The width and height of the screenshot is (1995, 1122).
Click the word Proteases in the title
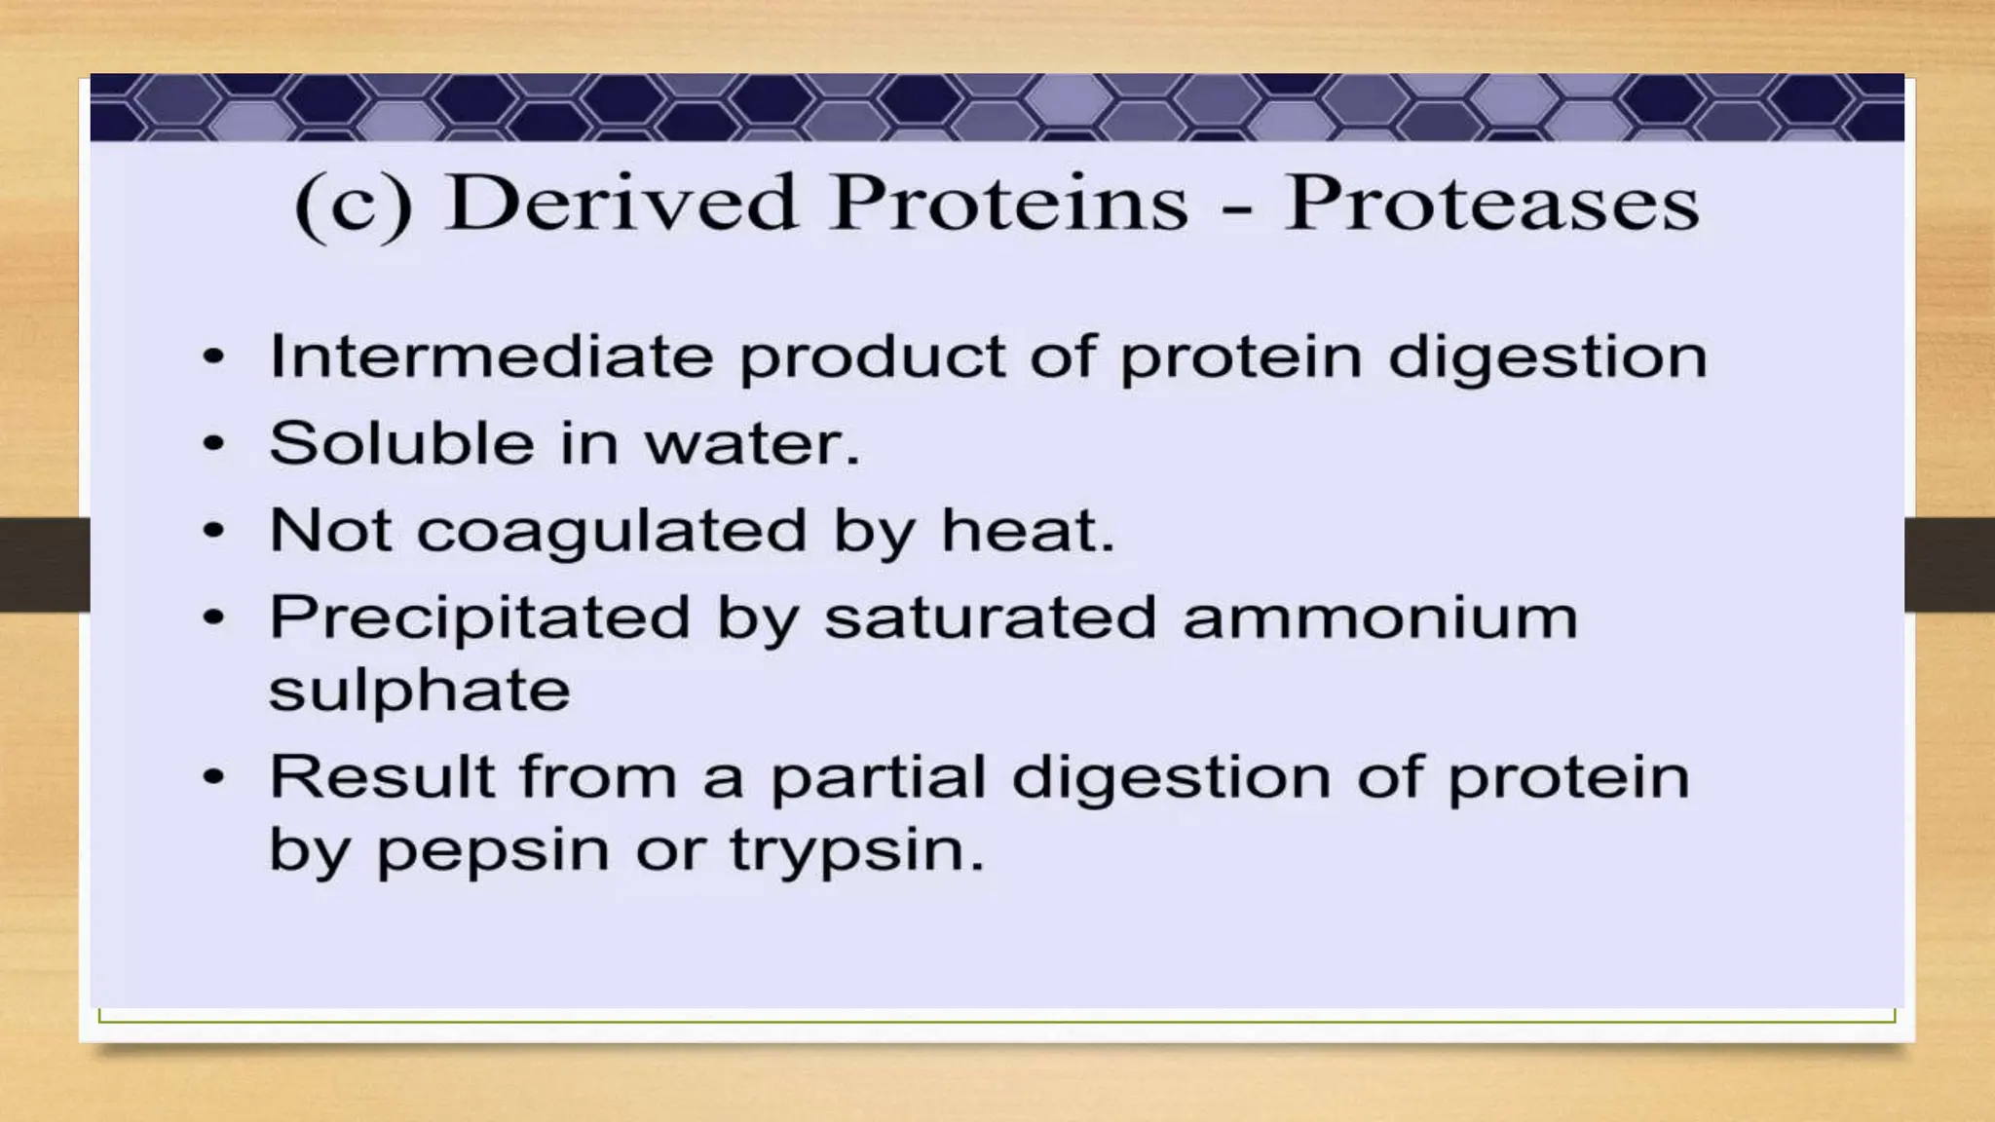click(x=1490, y=204)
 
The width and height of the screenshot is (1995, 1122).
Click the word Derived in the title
click(x=621, y=204)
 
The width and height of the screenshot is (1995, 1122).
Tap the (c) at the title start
click(x=354, y=206)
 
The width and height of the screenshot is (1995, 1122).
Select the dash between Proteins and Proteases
click(x=1236, y=207)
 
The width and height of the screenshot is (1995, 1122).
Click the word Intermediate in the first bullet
click(x=491, y=356)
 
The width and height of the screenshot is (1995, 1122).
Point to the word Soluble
click(x=401, y=443)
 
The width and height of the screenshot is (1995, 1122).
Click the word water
click(x=751, y=445)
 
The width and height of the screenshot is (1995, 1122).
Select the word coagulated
click(x=612, y=532)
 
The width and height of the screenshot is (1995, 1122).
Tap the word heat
click(x=1026, y=531)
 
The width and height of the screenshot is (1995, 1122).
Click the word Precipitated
click(x=479, y=618)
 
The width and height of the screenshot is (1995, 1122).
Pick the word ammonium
click(x=1379, y=618)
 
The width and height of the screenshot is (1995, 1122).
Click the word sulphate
click(x=419, y=692)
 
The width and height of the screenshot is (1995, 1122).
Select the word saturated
click(x=990, y=618)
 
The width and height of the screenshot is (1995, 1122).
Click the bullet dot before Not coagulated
click(x=213, y=532)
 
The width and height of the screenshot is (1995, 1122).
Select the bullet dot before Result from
click(x=213, y=777)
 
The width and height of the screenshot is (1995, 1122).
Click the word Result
click(x=382, y=777)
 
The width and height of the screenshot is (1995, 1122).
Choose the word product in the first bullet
click(x=872, y=357)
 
